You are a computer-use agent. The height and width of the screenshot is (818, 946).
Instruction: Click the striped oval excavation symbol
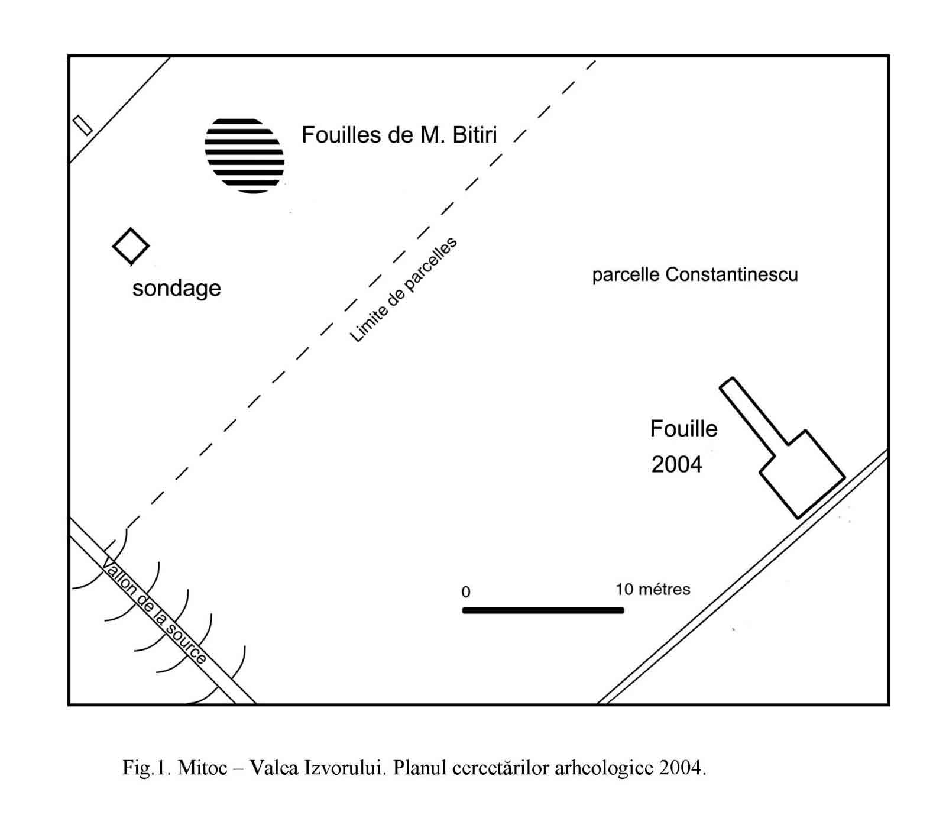tap(244, 156)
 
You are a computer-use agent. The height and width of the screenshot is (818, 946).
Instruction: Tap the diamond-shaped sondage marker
tap(131, 246)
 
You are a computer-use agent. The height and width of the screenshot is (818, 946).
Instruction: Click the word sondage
tap(176, 288)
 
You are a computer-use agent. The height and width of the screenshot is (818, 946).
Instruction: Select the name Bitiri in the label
tap(474, 135)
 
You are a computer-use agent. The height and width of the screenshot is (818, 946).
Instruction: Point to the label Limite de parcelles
tap(404, 290)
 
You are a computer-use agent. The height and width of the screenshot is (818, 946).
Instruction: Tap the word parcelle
tap(626, 275)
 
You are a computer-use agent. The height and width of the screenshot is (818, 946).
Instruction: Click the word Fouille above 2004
tap(683, 429)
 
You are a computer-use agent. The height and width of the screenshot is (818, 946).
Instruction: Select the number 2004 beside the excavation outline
tap(676, 464)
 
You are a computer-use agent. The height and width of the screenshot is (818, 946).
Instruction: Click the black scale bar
tap(543, 610)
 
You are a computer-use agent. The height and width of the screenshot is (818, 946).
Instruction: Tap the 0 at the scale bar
tap(466, 592)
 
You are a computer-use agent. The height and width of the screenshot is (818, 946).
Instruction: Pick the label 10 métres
tap(653, 589)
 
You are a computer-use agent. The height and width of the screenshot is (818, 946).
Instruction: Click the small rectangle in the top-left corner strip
tap(83, 125)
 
